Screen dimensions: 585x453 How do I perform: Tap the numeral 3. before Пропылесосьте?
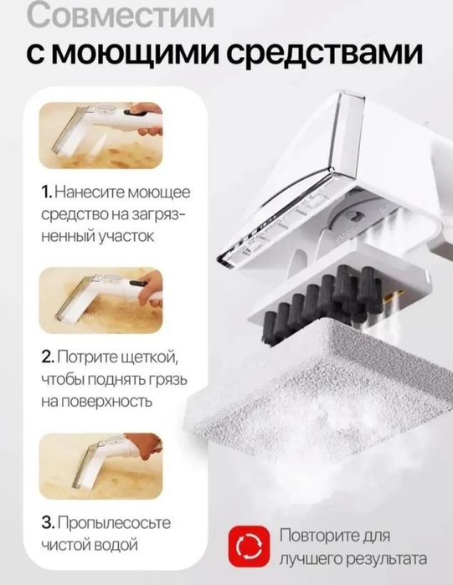pos(51,522)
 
